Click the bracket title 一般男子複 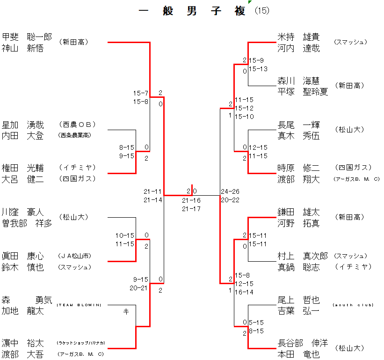pyautogui.click(x=192, y=11)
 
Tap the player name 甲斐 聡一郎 pyautogui.click(x=27, y=37)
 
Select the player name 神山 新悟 pyautogui.click(x=23, y=48)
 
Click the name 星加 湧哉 pyautogui.click(x=23, y=125)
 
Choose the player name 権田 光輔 pyautogui.click(x=23, y=168)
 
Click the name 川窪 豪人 pyautogui.click(x=23, y=212)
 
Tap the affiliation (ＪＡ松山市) pyautogui.click(x=75, y=256)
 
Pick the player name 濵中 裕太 pyautogui.click(x=23, y=343)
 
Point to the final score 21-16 pyautogui.click(x=191, y=200)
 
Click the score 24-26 pyautogui.click(x=231, y=191)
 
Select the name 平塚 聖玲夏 pyautogui.click(x=303, y=92)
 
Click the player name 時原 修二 pyautogui.click(x=298, y=168)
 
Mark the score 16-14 pyautogui.click(x=244, y=292)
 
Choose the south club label pyautogui.click(x=354, y=305)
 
